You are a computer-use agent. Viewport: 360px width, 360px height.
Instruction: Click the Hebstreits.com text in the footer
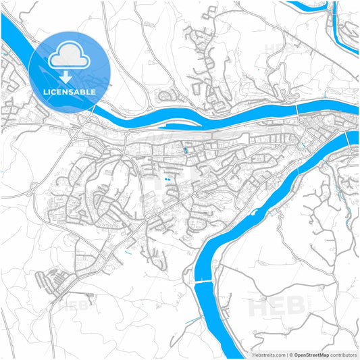(x=265, y=355)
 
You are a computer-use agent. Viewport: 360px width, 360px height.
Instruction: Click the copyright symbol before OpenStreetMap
(x=291, y=355)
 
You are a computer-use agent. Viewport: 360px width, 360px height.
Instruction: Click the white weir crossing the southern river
(x=204, y=282)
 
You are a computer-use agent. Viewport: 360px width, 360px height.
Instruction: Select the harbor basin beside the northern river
(x=182, y=126)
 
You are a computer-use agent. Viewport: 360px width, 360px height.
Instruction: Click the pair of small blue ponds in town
(x=167, y=180)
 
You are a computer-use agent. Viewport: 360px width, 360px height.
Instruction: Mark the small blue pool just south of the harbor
(x=186, y=149)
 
